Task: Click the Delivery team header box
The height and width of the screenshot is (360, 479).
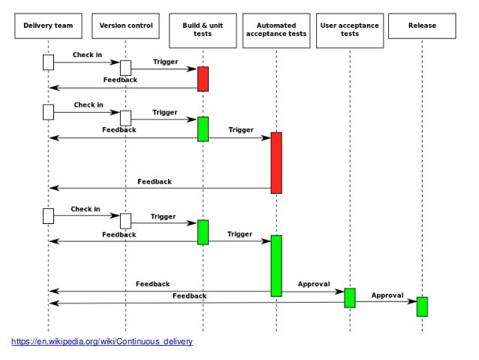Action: (48, 26)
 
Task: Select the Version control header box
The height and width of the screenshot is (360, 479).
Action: (125, 26)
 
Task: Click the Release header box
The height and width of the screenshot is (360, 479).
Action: (422, 26)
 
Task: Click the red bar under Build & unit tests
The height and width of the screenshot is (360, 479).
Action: (203, 79)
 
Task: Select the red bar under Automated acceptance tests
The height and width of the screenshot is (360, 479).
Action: (276, 162)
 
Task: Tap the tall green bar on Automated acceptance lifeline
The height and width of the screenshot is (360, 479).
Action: (276, 265)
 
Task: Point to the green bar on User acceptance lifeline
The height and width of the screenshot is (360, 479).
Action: (350, 298)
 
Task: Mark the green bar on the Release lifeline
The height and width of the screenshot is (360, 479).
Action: (422, 307)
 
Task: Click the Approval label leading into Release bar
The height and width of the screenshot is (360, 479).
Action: (387, 295)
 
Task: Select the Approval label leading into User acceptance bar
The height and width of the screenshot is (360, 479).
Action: (314, 284)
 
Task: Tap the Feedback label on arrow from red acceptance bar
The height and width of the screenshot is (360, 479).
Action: (154, 182)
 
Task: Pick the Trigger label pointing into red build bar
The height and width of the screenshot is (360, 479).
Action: (165, 62)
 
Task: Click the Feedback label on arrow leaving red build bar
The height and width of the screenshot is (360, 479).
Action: (119, 79)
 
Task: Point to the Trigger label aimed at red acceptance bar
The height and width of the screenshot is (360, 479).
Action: (241, 130)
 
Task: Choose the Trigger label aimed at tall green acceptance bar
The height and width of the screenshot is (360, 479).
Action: (241, 234)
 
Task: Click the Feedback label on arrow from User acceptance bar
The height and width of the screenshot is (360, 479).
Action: (189, 296)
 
